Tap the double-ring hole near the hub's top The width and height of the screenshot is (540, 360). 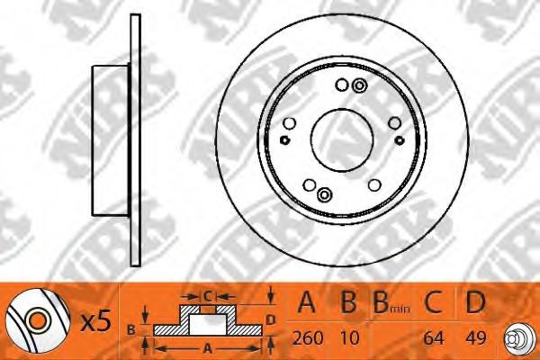point(360,85)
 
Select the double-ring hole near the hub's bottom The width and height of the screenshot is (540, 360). point(324,194)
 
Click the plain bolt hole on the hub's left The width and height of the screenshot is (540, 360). point(289,123)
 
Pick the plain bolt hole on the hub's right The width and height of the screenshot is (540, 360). point(395,123)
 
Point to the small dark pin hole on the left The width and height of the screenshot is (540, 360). point(284,139)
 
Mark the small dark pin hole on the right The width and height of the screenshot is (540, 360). point(400,139)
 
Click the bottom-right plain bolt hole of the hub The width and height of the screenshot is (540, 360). point(374,185)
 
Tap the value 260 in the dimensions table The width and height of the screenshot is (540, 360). point(308,338)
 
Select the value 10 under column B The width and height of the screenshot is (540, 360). point(349,338)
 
